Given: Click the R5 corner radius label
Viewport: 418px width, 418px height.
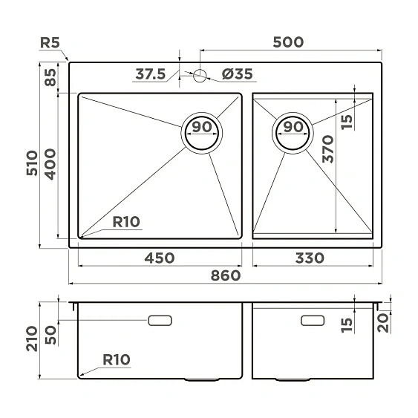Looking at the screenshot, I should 50,42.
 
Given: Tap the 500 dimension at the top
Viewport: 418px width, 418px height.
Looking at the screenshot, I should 288,42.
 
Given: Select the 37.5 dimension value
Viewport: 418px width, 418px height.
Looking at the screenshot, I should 151,74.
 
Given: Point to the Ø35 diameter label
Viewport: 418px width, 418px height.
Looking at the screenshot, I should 237,74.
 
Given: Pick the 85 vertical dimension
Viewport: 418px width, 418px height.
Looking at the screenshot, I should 50,77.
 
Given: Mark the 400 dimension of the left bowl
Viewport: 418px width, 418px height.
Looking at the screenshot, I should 50,165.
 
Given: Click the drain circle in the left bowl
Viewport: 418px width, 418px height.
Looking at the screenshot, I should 202,134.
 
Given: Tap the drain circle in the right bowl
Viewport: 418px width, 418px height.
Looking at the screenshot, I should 294,134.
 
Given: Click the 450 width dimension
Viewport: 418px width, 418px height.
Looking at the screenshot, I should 159,258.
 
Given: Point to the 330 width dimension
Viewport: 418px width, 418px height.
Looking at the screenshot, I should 309,258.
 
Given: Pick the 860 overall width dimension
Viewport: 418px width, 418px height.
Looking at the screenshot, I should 226,275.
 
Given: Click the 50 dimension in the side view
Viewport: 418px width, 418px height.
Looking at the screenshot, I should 50,333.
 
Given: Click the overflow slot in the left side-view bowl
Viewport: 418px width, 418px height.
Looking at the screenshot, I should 160,321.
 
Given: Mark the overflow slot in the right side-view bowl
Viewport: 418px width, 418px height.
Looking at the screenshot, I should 312,321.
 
